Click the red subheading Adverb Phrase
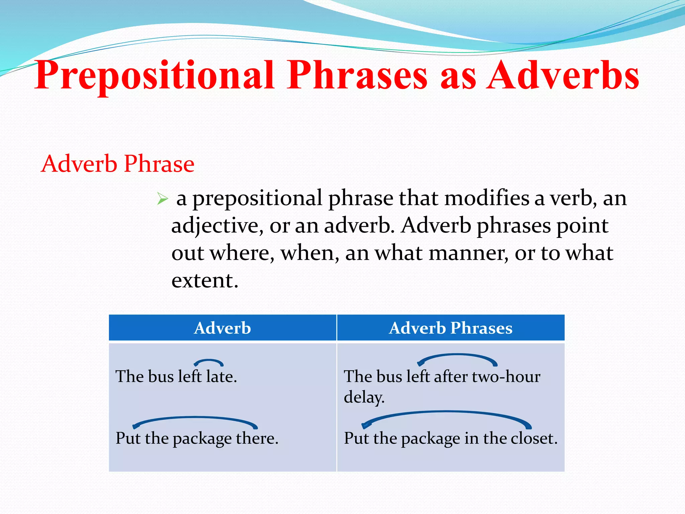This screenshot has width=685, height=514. click(x=117, y=164)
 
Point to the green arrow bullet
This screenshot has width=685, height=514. click(x=162, y=199)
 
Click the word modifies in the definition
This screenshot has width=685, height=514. click(x=487, y=198)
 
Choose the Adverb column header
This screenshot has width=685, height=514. click(x=222, y=328)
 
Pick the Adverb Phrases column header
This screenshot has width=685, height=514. click(x=451, y=328)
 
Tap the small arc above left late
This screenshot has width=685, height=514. click(x=209, y=361)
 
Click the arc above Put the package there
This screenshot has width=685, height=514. click(x=195, y=419)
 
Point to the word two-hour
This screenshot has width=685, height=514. click(x=506, y=376)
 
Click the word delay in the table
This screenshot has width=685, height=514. click(x=363, y=397)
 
